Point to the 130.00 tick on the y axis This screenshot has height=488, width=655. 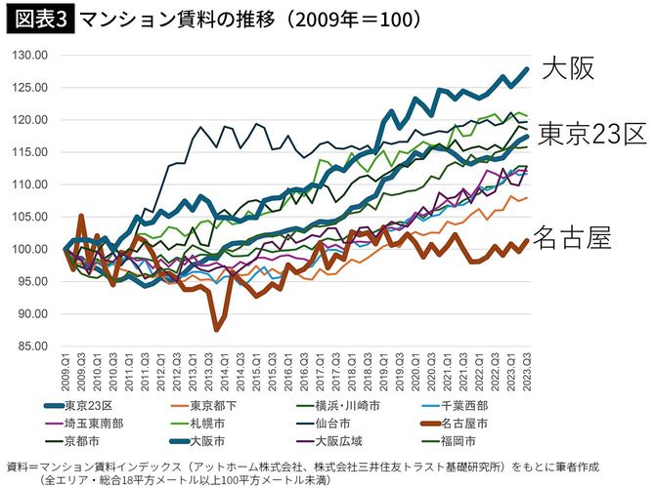[x=32, y=56]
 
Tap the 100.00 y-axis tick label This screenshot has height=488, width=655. [x=32, y=249]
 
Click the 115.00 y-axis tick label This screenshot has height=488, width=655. [x=32, y=152]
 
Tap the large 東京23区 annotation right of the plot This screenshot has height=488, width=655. [x=592, y=133]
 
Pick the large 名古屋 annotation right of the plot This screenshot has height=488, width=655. [x=575, y=237]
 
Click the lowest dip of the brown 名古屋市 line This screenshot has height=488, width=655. [x=217, y=330]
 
